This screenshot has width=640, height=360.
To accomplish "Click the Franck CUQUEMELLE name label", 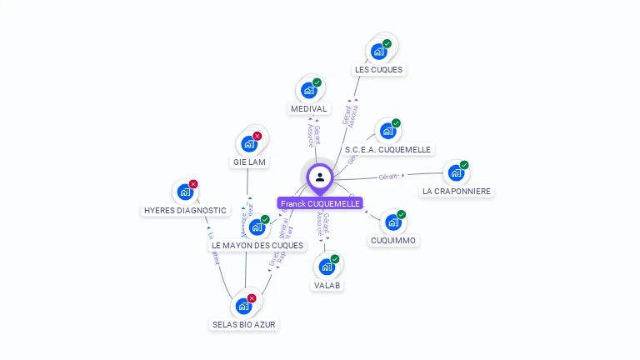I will click(320, 203).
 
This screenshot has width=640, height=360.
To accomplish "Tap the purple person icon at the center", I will click(320, 177).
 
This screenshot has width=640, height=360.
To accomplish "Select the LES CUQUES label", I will click(378, 70).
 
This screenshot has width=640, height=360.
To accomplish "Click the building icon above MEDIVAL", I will click(308, 90).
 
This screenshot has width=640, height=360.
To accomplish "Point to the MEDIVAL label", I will click(308, 109).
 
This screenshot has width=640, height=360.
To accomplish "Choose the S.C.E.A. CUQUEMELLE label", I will click(388, 150).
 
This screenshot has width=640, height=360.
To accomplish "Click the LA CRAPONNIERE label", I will click(457, 191).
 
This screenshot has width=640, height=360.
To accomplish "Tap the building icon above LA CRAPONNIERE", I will click(456, 172).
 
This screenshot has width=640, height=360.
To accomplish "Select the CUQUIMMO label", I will click(393, 241).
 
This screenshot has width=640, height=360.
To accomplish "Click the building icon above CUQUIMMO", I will click(392, 222).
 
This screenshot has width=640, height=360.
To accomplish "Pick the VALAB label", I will click(327, 285).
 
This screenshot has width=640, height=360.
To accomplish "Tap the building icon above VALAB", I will click(326, 267).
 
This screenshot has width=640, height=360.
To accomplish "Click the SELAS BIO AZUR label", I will click(244, 324).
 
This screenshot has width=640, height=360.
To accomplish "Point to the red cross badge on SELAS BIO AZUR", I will click(252, 297).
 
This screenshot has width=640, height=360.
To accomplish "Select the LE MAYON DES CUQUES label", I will click(257, 246).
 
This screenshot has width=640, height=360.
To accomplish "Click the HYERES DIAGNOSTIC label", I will click(185, 211).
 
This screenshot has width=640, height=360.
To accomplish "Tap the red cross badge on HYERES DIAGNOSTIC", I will click(193, 184).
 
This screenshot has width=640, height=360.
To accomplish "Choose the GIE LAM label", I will click(249, 162).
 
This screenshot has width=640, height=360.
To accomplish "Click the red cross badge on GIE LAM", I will click(257, 136).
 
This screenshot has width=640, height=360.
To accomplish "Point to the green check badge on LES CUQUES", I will click(387, 43).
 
